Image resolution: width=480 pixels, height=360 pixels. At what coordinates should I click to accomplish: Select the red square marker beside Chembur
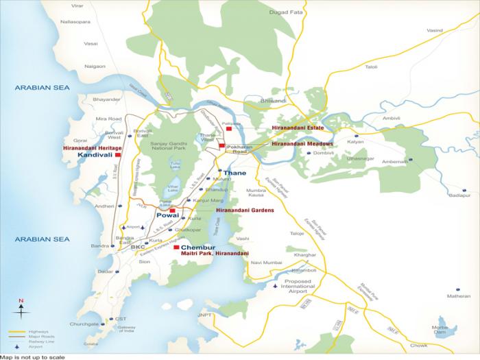coord(176,247)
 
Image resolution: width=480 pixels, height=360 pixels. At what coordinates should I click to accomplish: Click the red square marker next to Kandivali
coord(119,156)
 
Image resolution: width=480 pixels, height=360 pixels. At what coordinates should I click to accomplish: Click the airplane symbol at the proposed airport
coord(276,286)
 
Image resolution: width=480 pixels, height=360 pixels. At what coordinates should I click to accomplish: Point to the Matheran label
coord(459,296)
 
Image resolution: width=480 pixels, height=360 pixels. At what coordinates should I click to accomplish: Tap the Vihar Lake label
coord(164,195)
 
